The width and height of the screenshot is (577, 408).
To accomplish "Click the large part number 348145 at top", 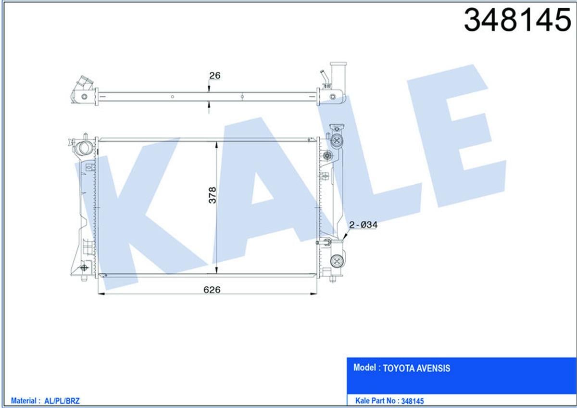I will (x=517, y=20).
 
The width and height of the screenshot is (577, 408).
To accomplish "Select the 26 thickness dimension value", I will (x=214, y=75).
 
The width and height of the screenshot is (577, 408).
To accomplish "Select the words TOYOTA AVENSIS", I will (x=417, y=368).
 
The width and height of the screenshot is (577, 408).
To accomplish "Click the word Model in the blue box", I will (x=365, y=368).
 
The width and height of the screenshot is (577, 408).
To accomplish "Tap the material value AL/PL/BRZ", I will (x=66, y=400).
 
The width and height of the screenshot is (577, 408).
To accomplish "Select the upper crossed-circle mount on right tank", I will (x=337, y=140).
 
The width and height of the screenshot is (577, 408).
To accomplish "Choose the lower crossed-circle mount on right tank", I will (x=337, y=262).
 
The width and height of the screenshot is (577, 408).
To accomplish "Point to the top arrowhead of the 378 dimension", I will (x=216, y=144).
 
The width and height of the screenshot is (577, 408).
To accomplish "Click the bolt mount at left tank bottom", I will (x=85, y=268).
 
